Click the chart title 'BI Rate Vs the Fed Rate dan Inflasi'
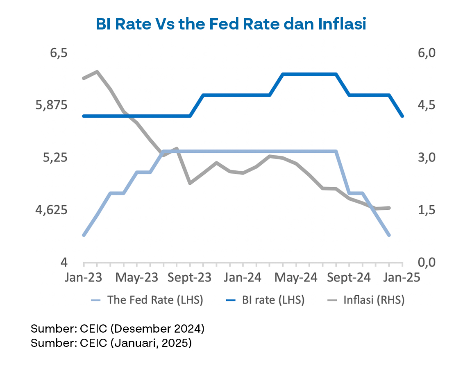pos(231,24)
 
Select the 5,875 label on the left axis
pos(52,105)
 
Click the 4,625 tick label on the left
pos(52,210)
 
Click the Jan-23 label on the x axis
pos(84,278)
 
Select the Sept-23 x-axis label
pos(190,278)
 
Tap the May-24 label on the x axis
pos(296,278)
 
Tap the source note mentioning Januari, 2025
pos(111,343)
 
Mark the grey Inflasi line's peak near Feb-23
pos(97,72)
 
